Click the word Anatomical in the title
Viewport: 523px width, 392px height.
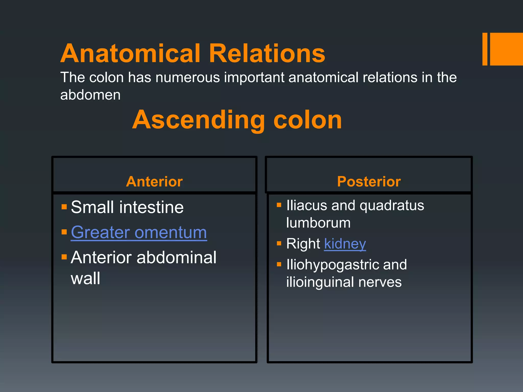click(x=130, y=53)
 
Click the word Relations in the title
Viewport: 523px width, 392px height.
click(x=267, y=53)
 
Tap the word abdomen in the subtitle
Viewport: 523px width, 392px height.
click(x=90, y=95)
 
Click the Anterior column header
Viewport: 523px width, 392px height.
click(x=154, y=181)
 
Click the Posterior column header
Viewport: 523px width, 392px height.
click(x=369, y=181)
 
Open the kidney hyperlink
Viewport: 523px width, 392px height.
click(x=345, y=244)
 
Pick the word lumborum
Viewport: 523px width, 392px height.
click(x=318, y=223)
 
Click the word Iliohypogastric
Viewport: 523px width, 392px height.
click(x=332, y=264)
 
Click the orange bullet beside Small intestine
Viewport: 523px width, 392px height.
click(x=64, y=206)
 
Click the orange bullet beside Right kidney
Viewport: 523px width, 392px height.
click(x=279, y=243)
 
